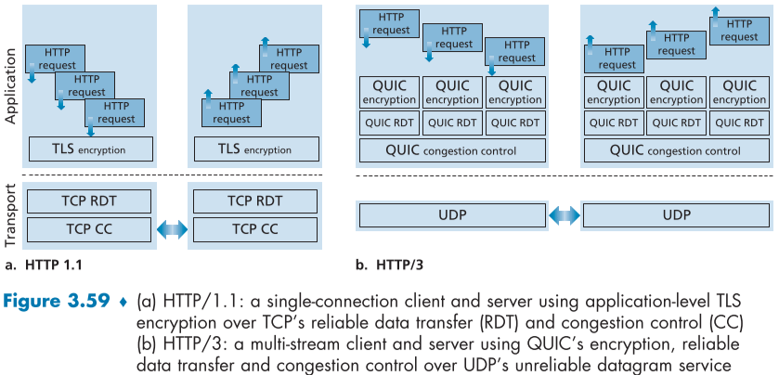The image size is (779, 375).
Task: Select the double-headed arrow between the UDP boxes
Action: [x=564, y=215]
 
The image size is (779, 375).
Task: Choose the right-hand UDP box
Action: [x=676, y=215]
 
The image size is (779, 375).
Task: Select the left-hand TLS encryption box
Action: [x=91, y=149]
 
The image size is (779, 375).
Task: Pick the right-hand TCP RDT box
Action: [x=254, y=200]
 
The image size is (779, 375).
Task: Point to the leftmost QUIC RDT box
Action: [x=389, y=122]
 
